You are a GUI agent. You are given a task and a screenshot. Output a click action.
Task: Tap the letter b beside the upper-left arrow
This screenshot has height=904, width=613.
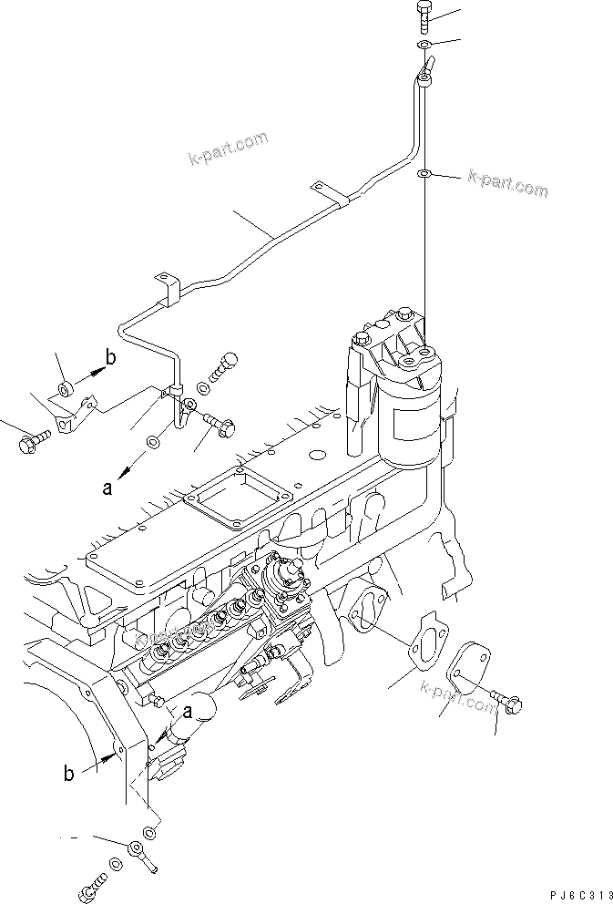[x=110, y=358]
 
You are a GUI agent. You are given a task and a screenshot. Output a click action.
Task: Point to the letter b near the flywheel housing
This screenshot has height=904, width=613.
[x=68, y=775]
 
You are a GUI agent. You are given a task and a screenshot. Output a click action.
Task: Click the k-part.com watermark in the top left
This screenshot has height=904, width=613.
[x=229, y=149]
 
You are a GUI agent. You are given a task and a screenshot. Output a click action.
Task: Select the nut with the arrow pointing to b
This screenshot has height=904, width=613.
[x=66, y=392]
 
